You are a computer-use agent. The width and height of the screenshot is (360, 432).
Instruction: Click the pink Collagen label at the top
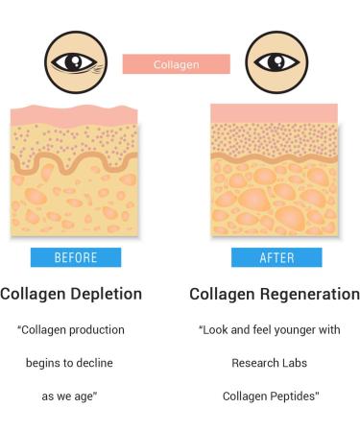176,64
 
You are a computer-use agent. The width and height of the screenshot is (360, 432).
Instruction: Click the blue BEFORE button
76,257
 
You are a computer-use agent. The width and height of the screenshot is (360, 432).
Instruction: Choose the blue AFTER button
276,257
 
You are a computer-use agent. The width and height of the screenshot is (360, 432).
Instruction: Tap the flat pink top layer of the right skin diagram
274,112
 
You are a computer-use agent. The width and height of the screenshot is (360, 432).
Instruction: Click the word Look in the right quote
218,330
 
